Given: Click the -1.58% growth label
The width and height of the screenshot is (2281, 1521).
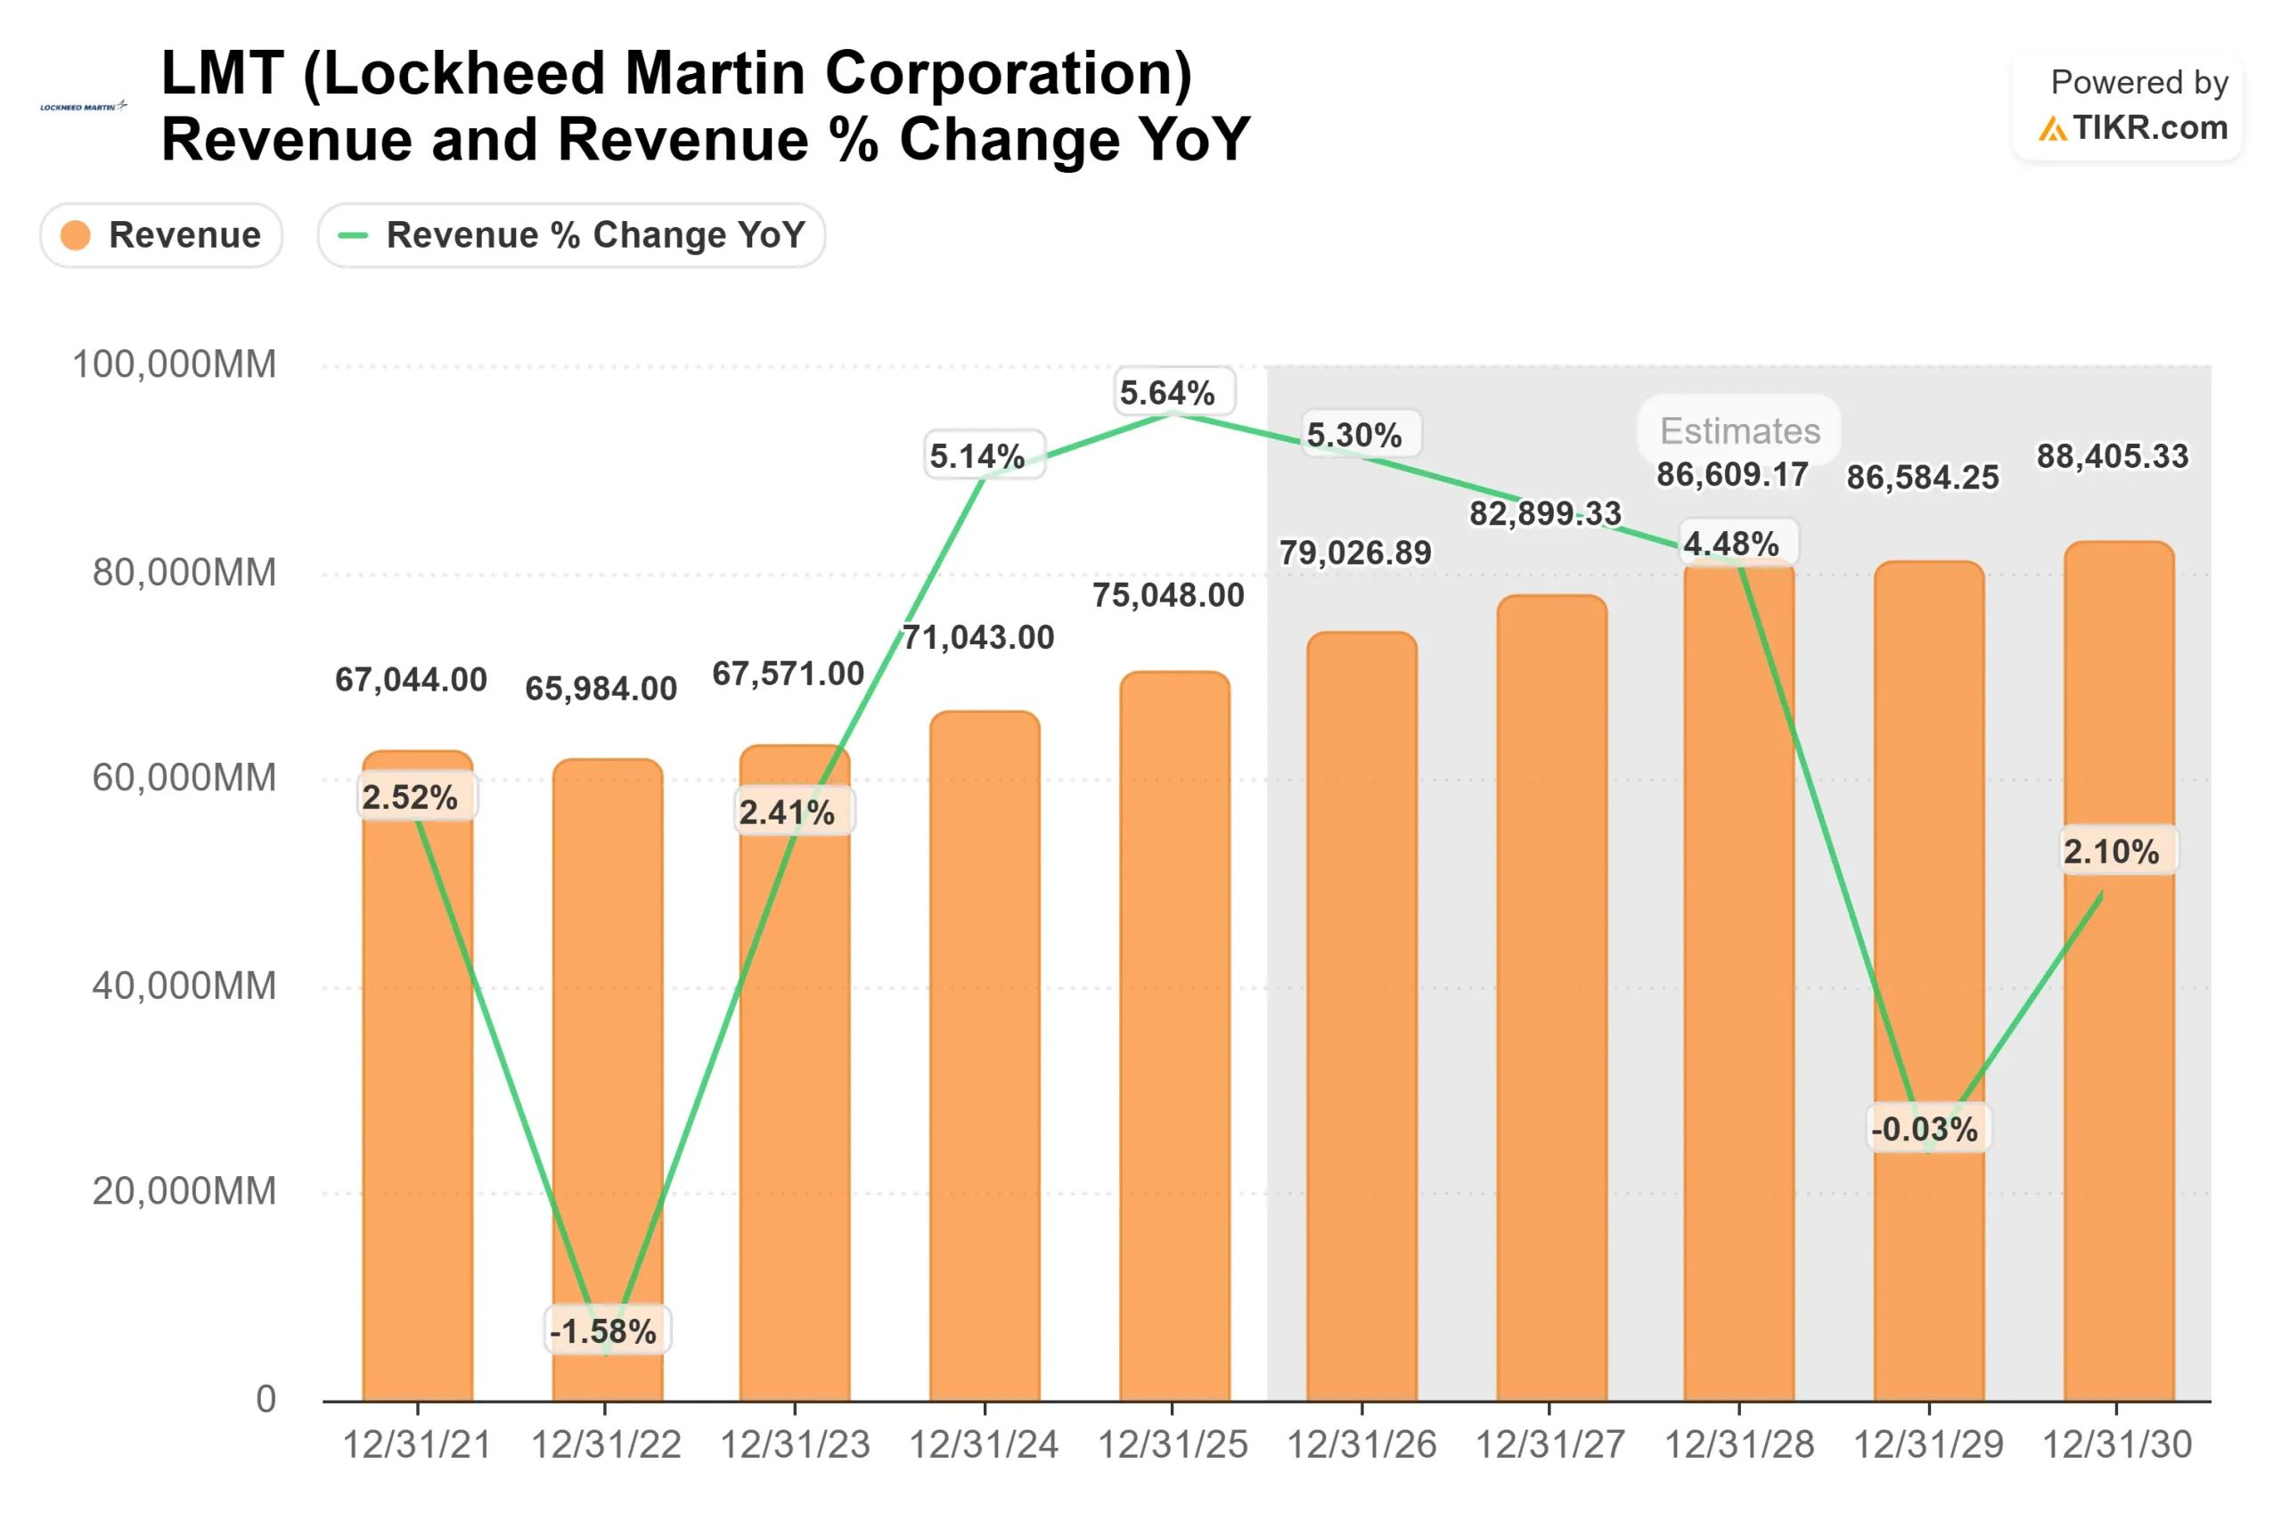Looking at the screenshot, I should click(x=603, y=1331).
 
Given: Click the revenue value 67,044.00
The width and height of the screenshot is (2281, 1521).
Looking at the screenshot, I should click(x=411, y=680).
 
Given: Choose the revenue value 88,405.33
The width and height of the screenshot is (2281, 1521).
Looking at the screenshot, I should click(x=2113, y=456).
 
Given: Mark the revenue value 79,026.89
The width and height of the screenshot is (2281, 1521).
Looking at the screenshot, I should click(x=1355, y=553).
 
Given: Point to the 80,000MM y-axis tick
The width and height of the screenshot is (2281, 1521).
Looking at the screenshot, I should click(x=184, y=572).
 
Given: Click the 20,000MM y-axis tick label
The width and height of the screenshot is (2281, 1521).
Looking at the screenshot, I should click(x=184, y=1191).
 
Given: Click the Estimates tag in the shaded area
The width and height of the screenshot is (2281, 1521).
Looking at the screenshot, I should click(x=1740, y=430).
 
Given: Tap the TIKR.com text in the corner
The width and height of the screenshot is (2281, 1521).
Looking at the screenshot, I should click(x=2149, y=128).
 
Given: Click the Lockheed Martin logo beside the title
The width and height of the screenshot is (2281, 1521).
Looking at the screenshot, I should click(x=84, y=107).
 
